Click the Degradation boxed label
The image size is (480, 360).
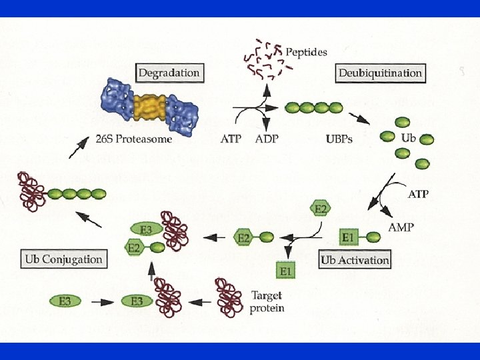click(169, 72)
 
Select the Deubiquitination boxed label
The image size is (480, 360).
click(381, 73)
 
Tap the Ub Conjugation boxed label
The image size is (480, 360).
click(63, 259)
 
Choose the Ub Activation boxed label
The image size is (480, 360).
click(355, 259)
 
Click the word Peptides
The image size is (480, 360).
click(306, 51)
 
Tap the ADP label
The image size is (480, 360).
click(267, 139)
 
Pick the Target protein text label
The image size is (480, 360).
click(267, 301)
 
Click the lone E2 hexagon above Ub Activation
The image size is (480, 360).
click(320, 209)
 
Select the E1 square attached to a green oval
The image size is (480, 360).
click(347, 237)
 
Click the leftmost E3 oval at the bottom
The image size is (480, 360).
click(65, 301)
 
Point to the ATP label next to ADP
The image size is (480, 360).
click(231, 139)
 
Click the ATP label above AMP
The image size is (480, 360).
click(418, 195)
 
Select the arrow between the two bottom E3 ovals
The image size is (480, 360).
click(101, 301)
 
